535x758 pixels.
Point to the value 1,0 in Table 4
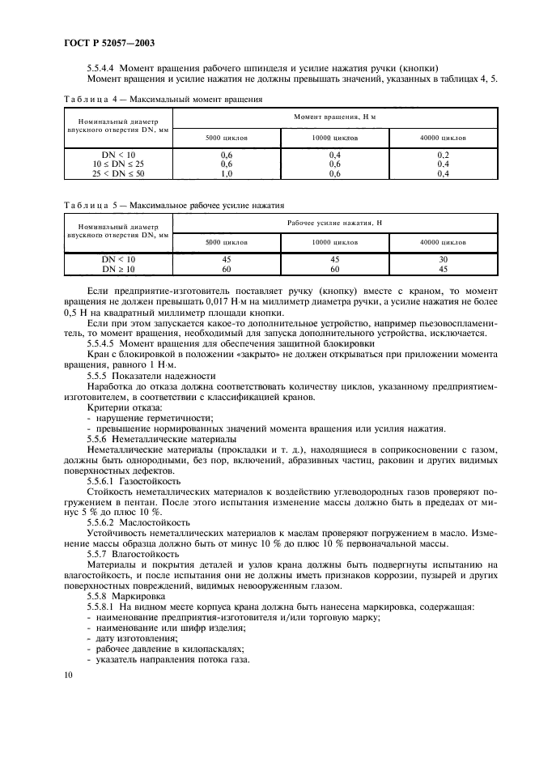click(227, 173)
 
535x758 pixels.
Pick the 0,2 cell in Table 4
click(443, 154)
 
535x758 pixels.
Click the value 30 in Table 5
click(443, 259)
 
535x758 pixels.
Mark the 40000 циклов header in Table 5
click(443, 242)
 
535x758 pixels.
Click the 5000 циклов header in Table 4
click(227, 138)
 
